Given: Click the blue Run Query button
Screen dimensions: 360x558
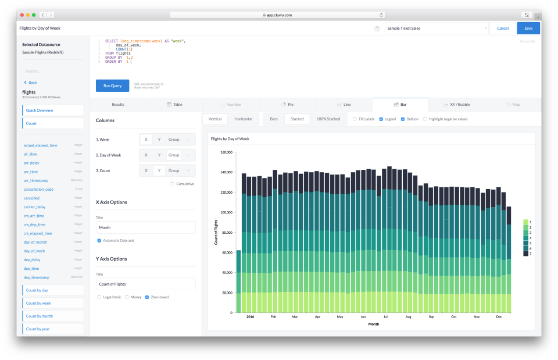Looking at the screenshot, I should point(112,85).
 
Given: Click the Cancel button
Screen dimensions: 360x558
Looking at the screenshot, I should point(503,28).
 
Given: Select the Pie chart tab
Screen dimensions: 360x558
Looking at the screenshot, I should point(287,105).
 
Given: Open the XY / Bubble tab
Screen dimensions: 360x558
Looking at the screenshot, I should point(456,105).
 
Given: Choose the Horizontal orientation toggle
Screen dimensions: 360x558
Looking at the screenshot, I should point(243,119).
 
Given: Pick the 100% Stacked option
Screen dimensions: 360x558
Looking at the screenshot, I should point(328,119).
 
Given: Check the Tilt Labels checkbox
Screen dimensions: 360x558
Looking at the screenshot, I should point(355,119).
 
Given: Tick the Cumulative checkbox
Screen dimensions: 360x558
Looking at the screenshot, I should point(173,184).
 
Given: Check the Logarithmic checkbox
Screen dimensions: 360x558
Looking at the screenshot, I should point(99,297).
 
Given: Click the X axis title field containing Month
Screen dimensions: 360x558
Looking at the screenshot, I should point(145,227).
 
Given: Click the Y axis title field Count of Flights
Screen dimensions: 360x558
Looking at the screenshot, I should point(145,284).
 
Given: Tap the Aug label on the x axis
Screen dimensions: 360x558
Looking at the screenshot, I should point(408,317).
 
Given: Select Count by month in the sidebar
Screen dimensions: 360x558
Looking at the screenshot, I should point(53,316).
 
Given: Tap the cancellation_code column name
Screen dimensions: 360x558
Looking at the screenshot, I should point(38,190).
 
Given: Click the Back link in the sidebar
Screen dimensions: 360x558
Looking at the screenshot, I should point(31,83).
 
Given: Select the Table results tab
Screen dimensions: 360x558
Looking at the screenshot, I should point(174,105).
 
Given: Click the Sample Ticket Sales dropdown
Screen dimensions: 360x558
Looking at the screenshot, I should point(437,28).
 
